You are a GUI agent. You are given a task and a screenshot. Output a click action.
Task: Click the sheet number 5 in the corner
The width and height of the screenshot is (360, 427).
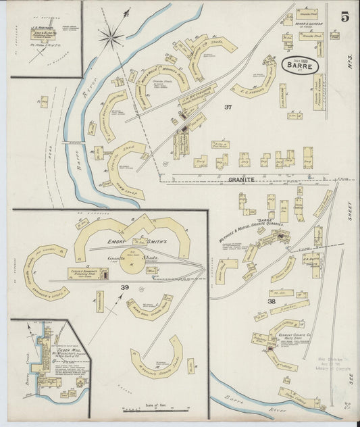[x=344, y=17]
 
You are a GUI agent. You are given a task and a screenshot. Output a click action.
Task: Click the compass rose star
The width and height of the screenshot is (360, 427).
[x=111, y=35]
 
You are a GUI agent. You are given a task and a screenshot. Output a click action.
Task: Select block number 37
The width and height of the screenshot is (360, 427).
[x=228, y=107]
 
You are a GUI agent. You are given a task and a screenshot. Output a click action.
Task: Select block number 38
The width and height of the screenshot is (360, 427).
[x=272, y=301]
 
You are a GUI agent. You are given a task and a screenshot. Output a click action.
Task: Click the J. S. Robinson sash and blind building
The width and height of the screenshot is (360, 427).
[x=43, y=30]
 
